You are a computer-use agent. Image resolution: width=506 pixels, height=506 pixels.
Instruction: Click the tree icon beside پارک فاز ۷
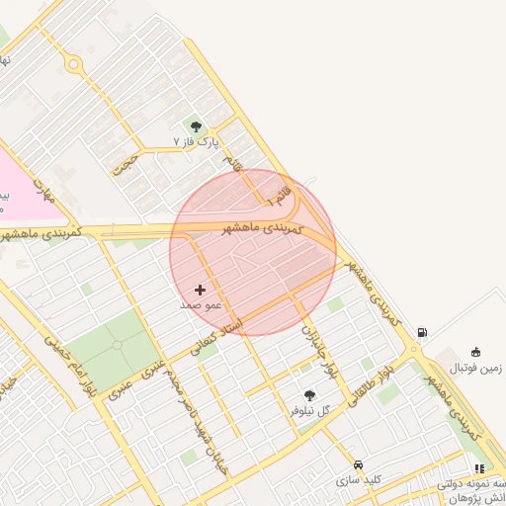coord(196,126)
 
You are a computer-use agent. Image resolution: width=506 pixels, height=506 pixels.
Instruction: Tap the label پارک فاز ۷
coord(195,142)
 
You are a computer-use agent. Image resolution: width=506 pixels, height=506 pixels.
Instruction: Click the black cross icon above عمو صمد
coord(201,290)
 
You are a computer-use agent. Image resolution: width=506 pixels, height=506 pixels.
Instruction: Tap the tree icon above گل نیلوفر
coord(310,395)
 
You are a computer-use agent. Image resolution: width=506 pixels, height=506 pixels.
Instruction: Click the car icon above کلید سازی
coord(358,464)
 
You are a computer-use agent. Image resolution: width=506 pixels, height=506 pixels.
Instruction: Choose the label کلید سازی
coord(358,480)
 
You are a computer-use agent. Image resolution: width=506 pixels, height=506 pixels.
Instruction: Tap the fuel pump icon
coord(423,333)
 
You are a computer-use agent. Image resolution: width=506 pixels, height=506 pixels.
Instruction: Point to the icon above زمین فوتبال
coord(476,352)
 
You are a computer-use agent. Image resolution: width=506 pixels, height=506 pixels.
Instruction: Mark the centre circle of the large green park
coord(117,345)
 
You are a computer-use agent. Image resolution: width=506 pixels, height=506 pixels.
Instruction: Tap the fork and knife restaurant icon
coord(479,469)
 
